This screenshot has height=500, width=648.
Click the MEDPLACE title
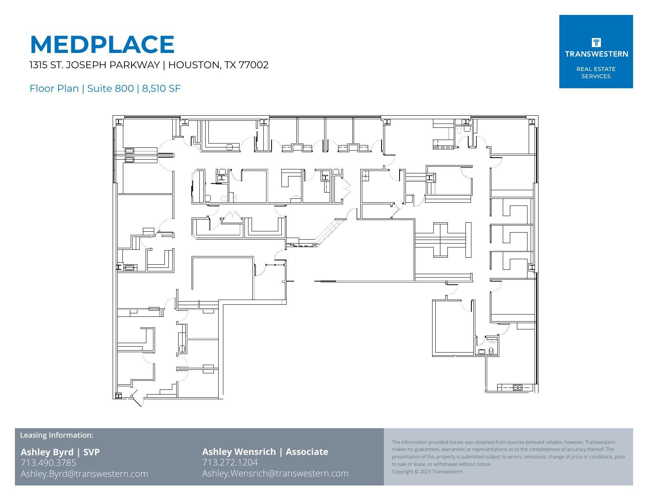pos(102,44)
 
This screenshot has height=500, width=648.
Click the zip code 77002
pos(254,65)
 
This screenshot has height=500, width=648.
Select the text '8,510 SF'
pos(161,89)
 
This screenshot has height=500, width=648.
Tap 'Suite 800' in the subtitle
pos(110,89)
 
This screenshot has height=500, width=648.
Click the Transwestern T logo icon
pos(596,42)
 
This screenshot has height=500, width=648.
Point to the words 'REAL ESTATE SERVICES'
pos(596,73)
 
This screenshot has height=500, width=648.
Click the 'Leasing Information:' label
pos(57,435)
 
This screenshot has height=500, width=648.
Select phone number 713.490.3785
pos(48,463)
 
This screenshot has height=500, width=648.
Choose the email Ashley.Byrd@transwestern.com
pos(84,474)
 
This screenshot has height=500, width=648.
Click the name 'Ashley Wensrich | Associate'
pos(265,452)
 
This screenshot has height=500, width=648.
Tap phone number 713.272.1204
pos(230,463)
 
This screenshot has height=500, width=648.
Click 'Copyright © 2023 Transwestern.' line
pos(427,471)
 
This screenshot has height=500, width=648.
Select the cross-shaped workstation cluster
pos(440,240)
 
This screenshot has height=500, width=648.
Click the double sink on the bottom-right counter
pos(517,388)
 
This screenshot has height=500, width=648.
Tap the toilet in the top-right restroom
pos(459,130)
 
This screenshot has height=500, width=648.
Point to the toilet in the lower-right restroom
pos(491,351)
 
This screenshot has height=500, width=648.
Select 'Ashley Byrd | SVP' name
pos(60,452)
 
